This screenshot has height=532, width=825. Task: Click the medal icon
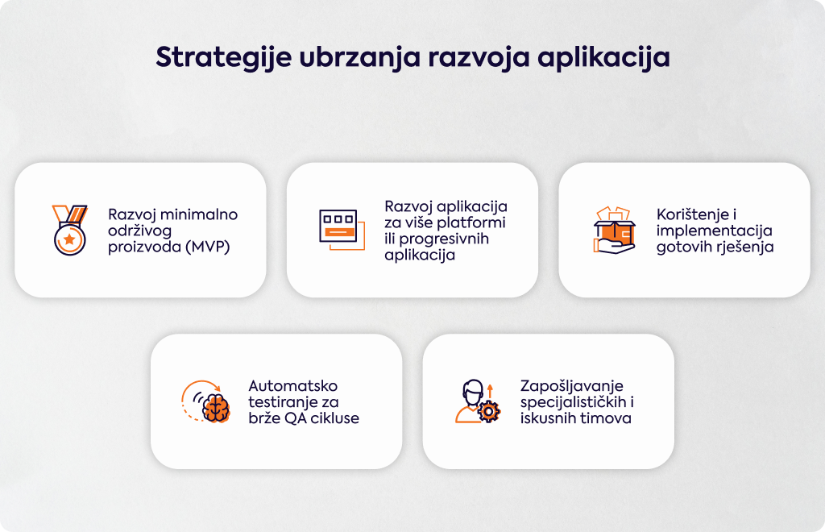click(x=69, y=230)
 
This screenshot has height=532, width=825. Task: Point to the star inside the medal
click(x=69, y=239)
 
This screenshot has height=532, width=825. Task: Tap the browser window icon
click(x=342, y=230)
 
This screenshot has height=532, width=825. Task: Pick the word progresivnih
click(x=444, y=239)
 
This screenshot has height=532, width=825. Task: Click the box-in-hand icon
click(x=614, y=230)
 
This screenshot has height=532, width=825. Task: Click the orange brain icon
click(x=216, y=408)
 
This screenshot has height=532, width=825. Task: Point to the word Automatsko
click(x=293, y=386)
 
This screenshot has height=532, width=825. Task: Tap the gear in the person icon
click(x=489, y=412)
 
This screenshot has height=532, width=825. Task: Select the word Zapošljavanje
click(x=572, y=387)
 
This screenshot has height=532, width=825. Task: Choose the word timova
click(x=606, y=418)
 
